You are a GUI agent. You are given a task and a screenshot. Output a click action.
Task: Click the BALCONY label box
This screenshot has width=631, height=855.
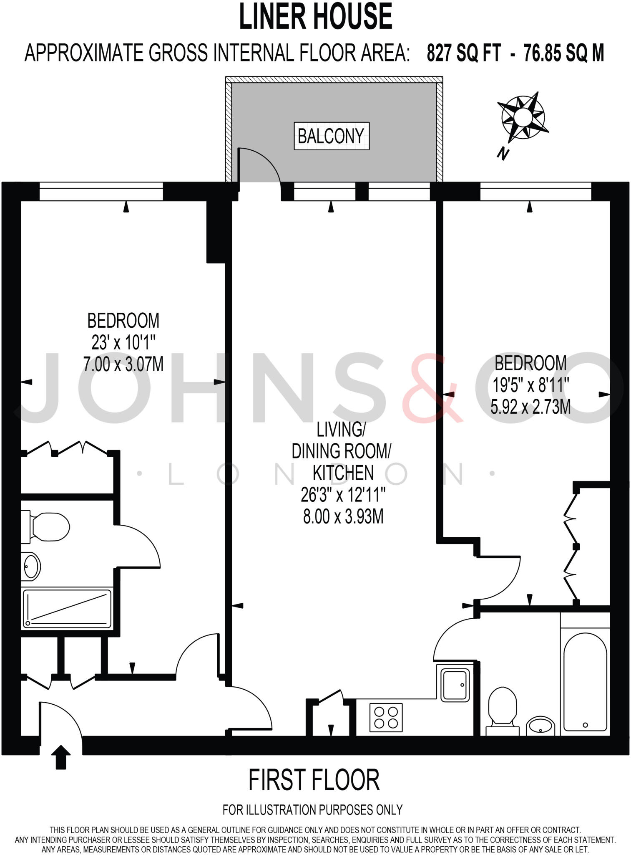(332, 136)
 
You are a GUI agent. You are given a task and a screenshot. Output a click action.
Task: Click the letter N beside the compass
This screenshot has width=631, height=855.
(503, 154)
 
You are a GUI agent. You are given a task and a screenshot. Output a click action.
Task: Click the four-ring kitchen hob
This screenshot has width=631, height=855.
(386, 717)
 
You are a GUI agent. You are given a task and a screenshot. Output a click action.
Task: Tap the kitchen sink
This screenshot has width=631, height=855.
(455, 685)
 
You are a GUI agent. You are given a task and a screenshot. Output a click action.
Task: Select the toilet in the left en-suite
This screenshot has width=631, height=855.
(47, 527)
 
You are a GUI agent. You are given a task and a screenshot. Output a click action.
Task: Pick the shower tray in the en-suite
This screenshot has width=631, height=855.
(67, 608)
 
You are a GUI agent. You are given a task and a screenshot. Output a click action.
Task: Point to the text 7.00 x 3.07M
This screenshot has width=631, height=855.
(123, 364)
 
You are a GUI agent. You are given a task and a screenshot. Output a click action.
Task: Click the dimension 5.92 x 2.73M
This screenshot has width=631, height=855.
(530, 407)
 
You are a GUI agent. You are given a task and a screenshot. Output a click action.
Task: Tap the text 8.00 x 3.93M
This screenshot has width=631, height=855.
(343, 517)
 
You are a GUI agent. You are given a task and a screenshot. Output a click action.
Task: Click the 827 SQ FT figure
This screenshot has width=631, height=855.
(463, 53)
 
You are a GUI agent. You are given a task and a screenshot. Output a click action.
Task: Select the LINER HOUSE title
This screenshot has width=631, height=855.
(315, 17)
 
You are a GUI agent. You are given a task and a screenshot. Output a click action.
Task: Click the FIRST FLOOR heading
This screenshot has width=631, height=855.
(314, 781)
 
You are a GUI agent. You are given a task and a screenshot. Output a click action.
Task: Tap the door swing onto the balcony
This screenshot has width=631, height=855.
(259, 165)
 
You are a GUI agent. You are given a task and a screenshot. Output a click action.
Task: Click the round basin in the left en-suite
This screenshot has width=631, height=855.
(31, 567)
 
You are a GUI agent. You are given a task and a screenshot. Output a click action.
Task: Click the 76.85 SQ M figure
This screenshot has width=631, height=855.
(563, 53)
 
